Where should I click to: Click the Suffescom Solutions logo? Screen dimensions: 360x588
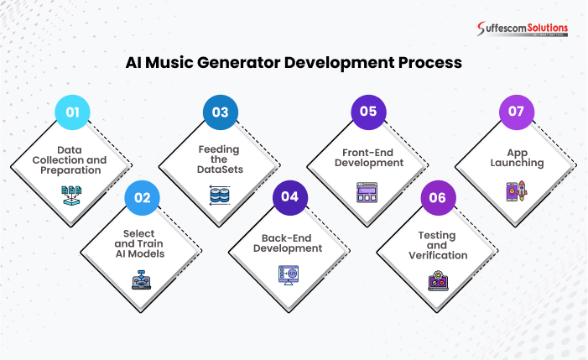(x=523, y=29)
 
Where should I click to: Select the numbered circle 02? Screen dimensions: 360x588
(x=142, y=198)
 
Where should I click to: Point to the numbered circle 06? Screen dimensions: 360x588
(x=438, y=198)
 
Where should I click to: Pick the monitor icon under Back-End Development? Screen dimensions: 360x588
(x=288, y=274)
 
